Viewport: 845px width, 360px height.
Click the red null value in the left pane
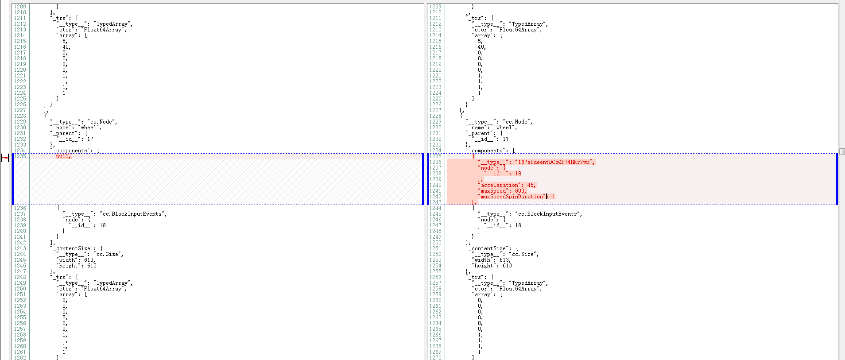[63, 156]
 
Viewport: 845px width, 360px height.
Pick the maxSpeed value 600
[520, 191]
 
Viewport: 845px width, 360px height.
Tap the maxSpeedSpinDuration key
[512, 197]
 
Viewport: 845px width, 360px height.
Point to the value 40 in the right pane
[481, 47]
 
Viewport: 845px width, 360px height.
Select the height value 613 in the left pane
[92, 266]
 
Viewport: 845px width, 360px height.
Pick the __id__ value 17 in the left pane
[90, 139]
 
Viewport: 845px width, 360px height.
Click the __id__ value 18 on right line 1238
[518, 174]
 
